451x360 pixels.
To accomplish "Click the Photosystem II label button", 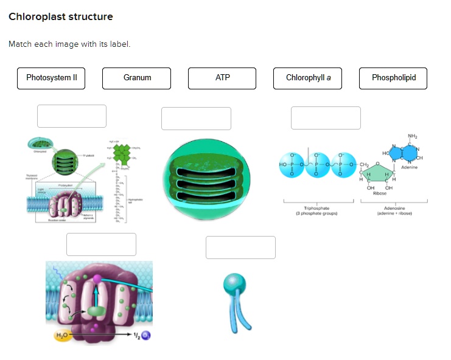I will pos(51,78).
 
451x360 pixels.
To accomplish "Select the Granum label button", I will pos(137,78).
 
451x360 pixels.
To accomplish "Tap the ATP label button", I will pos(222,78).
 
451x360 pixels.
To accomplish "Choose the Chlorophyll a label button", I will pos(308,78).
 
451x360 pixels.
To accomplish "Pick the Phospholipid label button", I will pos(393,78).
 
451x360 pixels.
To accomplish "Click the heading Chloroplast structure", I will pos(61,16).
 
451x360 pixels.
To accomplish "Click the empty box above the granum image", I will pos(196,118).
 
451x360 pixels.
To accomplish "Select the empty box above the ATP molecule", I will pos(326,117).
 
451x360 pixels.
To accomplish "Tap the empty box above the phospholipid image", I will pos(240,247).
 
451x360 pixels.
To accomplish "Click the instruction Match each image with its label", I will pos(69,44).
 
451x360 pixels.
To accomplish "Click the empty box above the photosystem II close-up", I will pos(101,244).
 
